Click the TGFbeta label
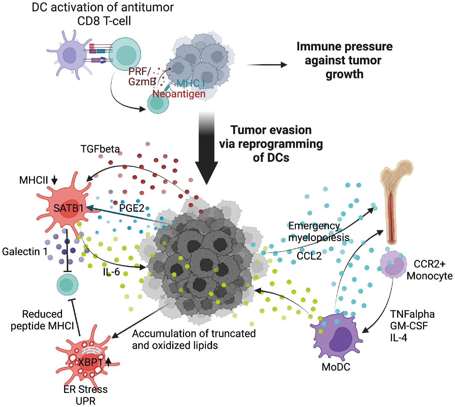pos(100,149)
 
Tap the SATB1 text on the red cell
pos(68,208)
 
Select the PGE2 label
pos(132,208)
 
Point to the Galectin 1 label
pos(25,251)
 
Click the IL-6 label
pos(111,272)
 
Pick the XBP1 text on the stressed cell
pos(90,362)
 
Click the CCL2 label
pos(309,256)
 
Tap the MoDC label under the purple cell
pos(336,367)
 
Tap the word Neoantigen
pos(179,94)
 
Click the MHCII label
pos(34,180)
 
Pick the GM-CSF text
pos(409,326)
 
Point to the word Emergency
pos(314,226)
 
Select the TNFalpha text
pos(412,314)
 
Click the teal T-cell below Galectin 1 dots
pos(68,285)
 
